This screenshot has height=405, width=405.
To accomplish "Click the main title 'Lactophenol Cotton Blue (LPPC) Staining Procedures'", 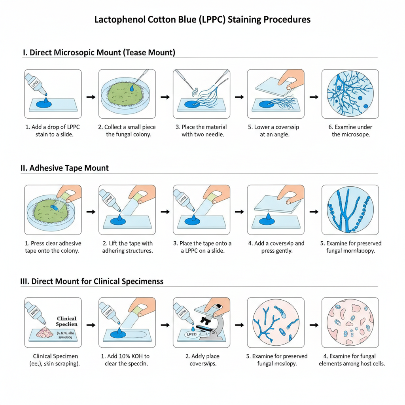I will (202, 19).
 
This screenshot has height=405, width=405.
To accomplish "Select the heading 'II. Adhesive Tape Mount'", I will (64, 168).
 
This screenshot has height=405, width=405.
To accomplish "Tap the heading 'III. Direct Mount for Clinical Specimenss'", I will (92, 282).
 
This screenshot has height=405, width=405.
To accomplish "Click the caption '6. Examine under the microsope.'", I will (350, 131).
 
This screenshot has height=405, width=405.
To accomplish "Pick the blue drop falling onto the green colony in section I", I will (131, 89).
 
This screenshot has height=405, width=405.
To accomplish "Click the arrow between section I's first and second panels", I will (91, 97).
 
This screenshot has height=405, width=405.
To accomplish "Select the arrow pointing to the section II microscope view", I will (314, 212).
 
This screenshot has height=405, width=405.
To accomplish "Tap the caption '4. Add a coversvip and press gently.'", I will (276, 247).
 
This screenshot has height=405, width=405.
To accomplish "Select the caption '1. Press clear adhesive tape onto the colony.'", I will (53, 247).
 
